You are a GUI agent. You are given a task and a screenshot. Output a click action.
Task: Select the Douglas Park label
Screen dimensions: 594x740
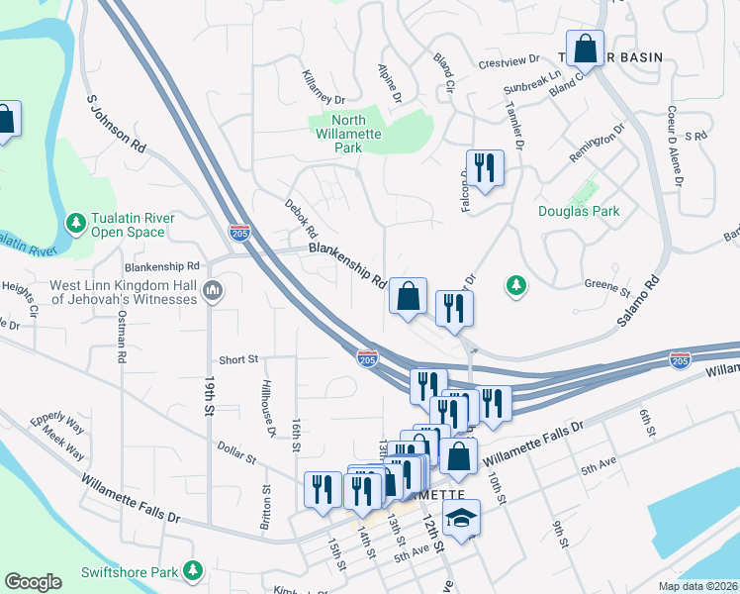click(578, 211)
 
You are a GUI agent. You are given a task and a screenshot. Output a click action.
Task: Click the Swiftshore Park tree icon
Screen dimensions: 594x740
click(194, 571)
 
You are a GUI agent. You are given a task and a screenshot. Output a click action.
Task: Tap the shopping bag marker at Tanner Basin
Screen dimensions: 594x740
click(586, 49)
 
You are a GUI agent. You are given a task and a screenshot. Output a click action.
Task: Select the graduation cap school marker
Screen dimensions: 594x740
click(461, 517)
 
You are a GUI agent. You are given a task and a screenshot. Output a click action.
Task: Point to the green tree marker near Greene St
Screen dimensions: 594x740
click(515, 285)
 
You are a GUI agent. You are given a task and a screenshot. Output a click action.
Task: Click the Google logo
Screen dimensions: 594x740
click(33, 581)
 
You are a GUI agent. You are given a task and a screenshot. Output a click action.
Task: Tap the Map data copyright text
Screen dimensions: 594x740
click(697, 586)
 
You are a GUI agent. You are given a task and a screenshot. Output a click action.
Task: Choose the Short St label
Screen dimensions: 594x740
click(238, 360)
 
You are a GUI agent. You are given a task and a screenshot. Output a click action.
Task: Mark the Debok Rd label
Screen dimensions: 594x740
click(299, 213)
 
